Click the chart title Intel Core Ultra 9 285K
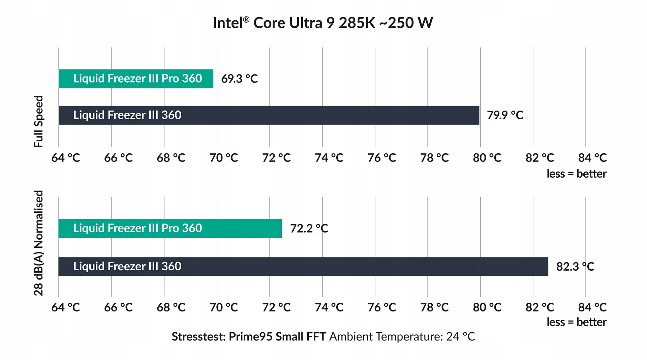coord(323,23)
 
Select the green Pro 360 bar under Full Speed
coord(136,79)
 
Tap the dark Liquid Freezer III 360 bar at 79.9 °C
coord(269,115)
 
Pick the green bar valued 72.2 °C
coord(170,228)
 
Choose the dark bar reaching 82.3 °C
coord(303,267)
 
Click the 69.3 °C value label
coord(239,79)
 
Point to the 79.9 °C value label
coord(505,115)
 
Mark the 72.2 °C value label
coord(309,229)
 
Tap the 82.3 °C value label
coord(575,267)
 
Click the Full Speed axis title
coord(39,121)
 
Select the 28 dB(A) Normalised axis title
coord(39,243)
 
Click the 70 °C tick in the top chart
coord(223,158)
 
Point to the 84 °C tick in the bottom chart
coord(592,307)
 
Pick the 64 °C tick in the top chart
coord(66,158)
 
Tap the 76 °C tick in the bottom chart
coord(381,307)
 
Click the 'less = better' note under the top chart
coord(576,174)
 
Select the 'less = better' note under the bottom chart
coord(576,322)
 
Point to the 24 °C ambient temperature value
coord(460,337)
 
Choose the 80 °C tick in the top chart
coord(487,158)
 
